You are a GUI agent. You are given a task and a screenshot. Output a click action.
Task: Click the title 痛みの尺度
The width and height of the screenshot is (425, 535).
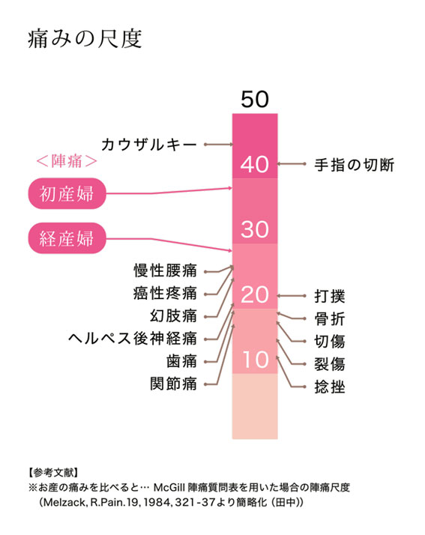(85, 39)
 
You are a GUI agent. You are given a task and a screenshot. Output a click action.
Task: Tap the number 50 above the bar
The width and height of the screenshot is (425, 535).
(255, 100)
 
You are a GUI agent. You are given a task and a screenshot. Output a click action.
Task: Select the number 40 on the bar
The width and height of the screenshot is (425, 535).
(255, 164)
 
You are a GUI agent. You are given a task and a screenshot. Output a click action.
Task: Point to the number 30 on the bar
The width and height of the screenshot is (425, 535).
(255, 229)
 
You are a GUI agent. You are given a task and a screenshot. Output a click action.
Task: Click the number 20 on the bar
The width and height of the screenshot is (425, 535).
(255, 294)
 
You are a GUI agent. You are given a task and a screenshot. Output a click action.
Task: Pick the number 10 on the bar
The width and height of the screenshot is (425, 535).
(256, 360)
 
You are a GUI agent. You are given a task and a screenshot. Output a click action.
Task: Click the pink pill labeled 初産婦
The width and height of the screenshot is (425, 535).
(67, 193)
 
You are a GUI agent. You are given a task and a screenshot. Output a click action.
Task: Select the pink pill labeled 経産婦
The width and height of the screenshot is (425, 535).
(67, 238)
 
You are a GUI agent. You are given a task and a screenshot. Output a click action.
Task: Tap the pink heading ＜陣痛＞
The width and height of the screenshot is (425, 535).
(67, 161)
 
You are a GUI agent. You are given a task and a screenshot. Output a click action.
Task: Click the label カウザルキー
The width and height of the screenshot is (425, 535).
(149, 145)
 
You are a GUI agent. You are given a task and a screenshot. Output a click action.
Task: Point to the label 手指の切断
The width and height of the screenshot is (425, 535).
(355, 165)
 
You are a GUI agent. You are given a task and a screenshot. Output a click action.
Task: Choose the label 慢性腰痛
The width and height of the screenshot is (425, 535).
(165, 270)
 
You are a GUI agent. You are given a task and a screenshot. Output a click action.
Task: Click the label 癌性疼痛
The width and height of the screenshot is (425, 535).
(165, 293)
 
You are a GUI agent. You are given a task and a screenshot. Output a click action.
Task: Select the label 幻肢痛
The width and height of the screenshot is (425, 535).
(173, 315)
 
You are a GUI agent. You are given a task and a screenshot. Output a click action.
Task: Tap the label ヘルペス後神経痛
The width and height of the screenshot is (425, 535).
(133, 339)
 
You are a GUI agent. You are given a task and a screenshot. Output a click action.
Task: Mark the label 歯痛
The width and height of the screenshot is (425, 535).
(181, 361)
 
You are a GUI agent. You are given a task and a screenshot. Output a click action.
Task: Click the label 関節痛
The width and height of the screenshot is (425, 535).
(173, 384)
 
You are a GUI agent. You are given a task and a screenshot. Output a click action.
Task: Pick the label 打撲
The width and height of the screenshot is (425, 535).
(330, 296)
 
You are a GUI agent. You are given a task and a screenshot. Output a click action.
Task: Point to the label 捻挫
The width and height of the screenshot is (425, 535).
(330, 387)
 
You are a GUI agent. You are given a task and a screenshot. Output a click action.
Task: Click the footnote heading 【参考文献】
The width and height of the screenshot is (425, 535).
(53, 473)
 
